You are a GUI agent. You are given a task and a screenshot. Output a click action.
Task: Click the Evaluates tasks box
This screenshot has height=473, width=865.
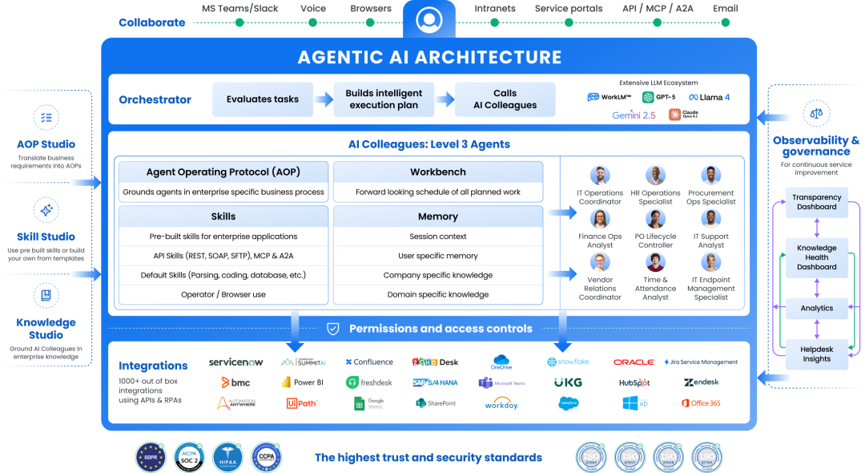point(263,99)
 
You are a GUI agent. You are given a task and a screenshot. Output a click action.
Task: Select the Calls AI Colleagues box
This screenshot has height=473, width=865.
point(505,99)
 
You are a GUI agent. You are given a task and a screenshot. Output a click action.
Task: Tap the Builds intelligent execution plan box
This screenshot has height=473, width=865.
point(384,99)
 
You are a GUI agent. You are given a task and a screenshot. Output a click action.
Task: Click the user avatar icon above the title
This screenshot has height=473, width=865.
point(429,18)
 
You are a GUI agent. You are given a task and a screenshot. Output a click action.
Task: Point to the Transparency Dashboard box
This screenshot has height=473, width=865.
point(816,202)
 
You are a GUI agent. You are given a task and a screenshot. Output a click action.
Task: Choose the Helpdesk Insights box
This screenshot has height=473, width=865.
point(816,354)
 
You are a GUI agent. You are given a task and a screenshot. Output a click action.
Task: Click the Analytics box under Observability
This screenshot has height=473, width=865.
point(816,308)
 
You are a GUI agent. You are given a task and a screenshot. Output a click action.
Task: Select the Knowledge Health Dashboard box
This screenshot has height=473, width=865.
point(816,257)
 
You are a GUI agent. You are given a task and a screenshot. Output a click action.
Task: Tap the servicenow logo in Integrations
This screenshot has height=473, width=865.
point(235,362)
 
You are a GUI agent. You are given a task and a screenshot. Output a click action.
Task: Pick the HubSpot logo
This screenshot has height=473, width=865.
point(634,383)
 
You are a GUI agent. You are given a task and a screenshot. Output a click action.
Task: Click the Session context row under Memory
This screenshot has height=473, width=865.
point(437,236)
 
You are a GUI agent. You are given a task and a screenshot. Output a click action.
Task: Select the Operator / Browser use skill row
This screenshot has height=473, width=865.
point(223,294)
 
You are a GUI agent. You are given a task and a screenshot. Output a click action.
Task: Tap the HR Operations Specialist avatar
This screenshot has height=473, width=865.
point(655,176)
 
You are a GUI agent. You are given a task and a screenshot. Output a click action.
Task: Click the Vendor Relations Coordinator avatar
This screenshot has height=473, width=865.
point(600,263)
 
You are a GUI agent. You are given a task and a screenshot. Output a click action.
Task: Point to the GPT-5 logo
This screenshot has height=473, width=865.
point(659,97)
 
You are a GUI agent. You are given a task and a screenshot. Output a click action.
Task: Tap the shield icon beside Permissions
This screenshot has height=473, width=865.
point(333,329)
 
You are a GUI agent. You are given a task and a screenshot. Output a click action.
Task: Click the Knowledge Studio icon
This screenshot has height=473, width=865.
point(46,296)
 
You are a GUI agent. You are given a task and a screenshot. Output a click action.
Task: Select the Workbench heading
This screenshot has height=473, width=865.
point(437,172)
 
